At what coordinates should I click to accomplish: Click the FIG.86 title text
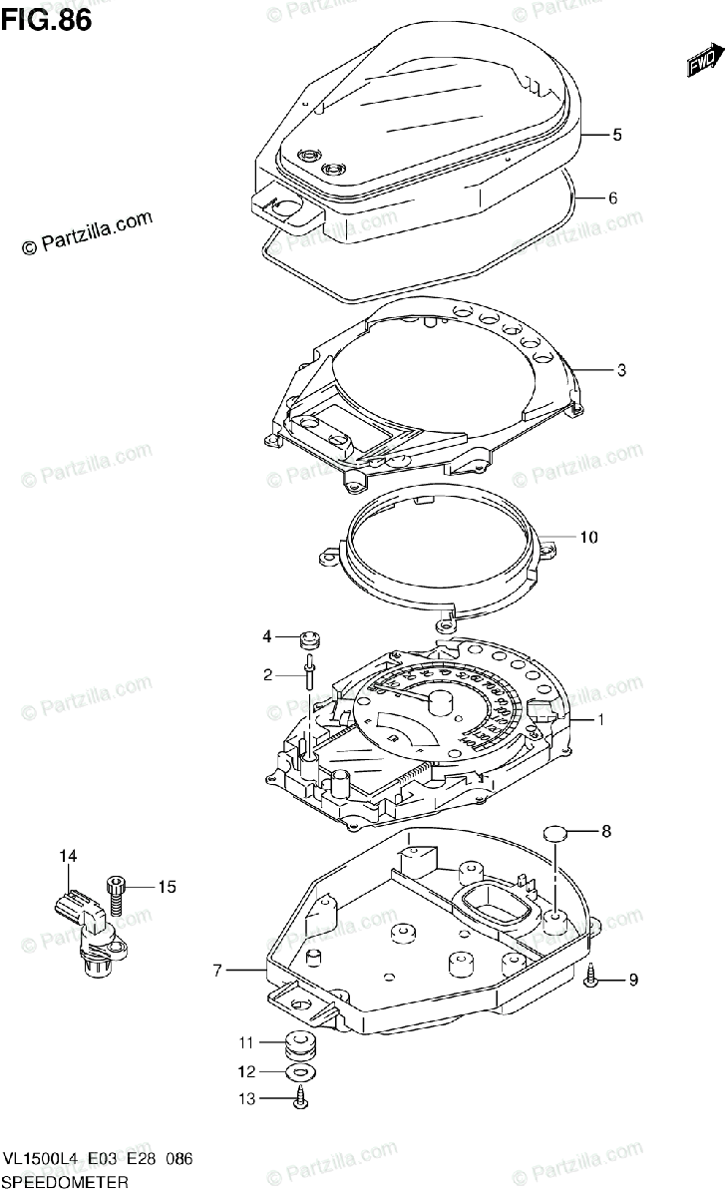pos(47,19)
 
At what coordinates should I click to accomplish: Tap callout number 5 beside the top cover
pos(617,134)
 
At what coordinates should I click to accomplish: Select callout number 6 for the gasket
pos(612,198)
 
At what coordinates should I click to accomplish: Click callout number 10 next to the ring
pos(588,538)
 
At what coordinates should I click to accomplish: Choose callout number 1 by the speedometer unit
pos(600,719)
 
